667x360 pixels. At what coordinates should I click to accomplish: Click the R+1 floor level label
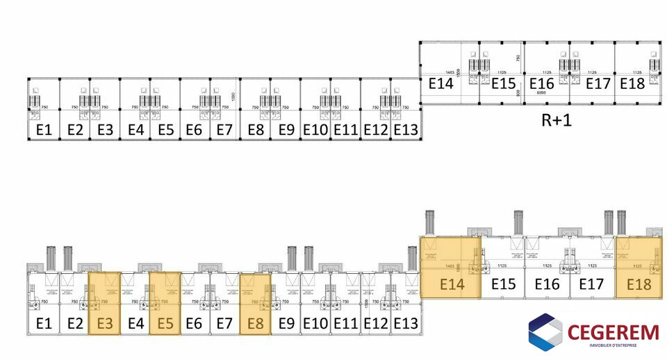(556, 120)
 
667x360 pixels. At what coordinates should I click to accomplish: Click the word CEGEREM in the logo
(613, 332)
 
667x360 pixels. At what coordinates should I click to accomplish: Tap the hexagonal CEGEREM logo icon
(545, 332)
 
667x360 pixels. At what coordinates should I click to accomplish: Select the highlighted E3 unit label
(105, 322)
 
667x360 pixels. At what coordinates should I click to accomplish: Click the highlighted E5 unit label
(165, 322)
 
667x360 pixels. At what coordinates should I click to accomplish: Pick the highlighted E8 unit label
(255, 322)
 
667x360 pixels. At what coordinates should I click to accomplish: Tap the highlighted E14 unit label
(452, 284)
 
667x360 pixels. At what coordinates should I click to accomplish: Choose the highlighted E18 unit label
(639, 284)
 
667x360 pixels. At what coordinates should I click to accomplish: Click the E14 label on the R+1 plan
(440, 84)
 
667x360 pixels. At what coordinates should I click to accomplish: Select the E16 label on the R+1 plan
(541, 84)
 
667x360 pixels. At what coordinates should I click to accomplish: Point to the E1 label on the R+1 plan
(44, 129)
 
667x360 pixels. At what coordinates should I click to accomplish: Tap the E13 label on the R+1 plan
(406, 129)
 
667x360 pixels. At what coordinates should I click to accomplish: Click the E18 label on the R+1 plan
(632, 84)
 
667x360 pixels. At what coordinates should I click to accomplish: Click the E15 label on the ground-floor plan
(504, 284)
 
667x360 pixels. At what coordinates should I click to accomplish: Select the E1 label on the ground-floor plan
(44, 322)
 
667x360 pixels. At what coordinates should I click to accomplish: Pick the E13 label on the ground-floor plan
(406, 322)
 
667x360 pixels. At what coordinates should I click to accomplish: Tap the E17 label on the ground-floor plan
(591, 284)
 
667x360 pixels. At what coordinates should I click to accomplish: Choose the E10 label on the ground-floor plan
(315, 322)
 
